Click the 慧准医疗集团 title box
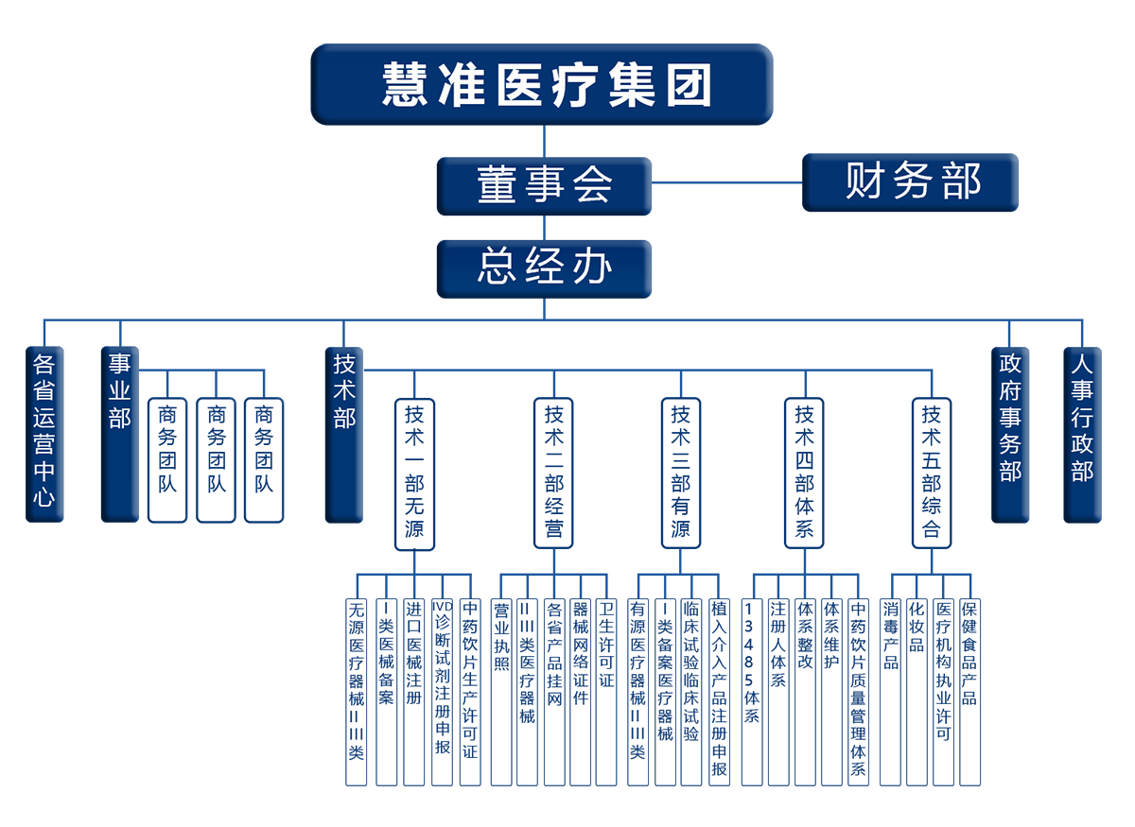coord(542,85)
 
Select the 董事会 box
coord(544,186)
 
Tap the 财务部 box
coord(911,182)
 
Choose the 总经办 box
coord(544,268)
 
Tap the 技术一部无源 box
coord(414,473)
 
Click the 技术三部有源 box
coord(681,473)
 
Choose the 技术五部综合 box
coord(932,473)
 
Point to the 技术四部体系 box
coord(804,473)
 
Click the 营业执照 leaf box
coord(501,690)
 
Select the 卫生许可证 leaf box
coord(606,690)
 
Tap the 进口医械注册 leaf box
coord(413,690)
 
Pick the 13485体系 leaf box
coord(752,690)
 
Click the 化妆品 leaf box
coord(917,690)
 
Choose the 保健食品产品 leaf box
coord(970,690)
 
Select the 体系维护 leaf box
coord(831,690)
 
